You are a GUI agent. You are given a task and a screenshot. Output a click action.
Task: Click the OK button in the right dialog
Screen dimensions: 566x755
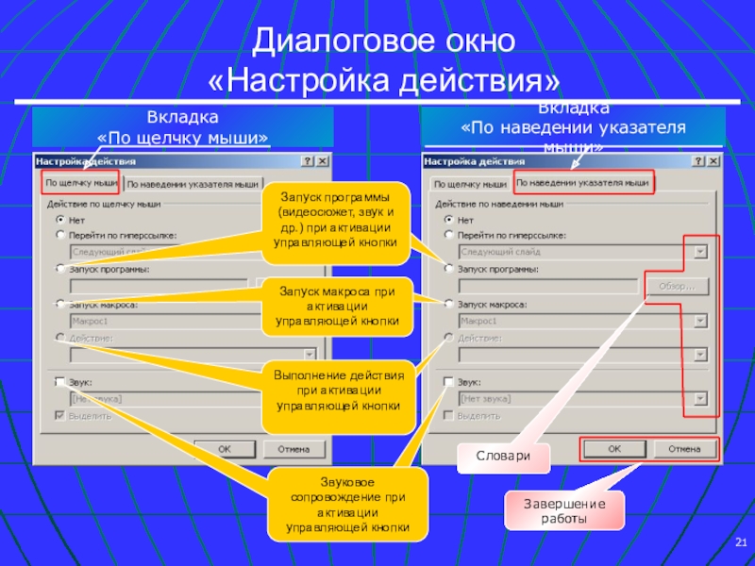point(614,449)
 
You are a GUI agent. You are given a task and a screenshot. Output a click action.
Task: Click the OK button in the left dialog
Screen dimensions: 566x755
point(224,449)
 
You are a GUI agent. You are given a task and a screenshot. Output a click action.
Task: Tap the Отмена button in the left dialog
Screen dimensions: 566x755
point(294,449)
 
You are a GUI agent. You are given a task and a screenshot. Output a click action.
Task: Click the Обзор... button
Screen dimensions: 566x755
point(676,286)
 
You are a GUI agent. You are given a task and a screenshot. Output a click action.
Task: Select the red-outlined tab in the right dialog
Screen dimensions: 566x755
point(584,180)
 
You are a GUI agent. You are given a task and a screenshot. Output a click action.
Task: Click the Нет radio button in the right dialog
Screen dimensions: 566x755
point(449,217)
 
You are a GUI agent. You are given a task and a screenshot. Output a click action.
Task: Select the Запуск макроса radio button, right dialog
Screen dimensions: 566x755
point(449,304)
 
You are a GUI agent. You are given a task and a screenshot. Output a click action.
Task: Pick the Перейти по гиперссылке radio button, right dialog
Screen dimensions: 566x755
point(449,233)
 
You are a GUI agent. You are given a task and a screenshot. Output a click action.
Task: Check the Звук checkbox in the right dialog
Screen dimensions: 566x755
point(449,382)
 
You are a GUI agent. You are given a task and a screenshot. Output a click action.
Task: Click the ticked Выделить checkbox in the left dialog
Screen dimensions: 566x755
point(60,414)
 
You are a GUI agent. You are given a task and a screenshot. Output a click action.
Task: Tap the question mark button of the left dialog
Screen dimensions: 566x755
point(307,161)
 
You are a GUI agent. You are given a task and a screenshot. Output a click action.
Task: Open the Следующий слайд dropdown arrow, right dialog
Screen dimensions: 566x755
point(700,252)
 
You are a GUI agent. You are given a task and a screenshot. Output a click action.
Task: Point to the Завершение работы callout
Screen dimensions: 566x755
point(562,511)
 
